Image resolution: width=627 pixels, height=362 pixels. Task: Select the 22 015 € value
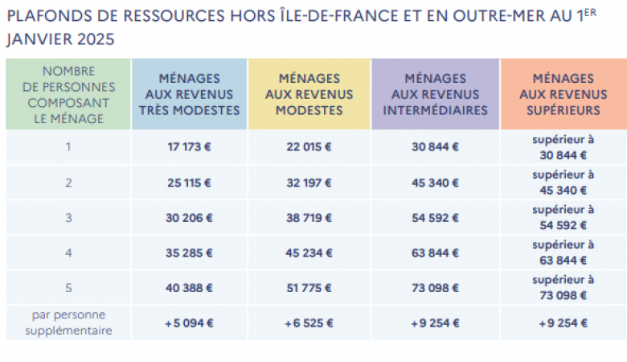[309, 147]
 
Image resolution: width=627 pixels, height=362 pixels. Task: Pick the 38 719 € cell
[309, 217]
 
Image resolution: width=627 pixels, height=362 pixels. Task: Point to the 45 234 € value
[309, 253]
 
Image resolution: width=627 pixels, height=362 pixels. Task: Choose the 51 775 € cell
[309, 288]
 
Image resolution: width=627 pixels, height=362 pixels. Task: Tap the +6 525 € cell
[309, 323]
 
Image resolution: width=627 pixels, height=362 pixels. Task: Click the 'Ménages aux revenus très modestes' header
[189, 94]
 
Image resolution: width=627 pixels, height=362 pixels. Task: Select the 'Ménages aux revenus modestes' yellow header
[309, 94]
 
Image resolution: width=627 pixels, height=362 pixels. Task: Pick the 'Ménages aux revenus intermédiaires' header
[435, 94]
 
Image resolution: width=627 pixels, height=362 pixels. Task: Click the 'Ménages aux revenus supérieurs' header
[563, 94]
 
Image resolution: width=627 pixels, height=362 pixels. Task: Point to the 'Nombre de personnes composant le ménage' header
[68, 94]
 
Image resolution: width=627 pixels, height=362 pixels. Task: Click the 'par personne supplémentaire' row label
[68, 323]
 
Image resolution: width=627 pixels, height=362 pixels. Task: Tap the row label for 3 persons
[68, 217]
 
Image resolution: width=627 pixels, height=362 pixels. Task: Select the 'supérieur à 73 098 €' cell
[563, 288]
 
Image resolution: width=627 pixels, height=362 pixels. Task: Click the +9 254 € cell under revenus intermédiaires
[435, 323]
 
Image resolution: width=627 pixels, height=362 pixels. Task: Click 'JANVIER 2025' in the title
[60, 39]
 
